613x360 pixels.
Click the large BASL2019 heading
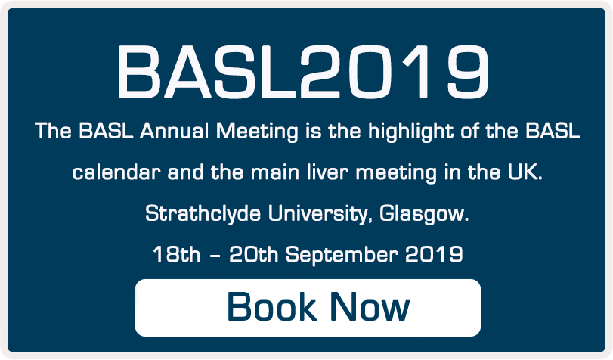tap(302, 70)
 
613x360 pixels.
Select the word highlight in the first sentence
tap(403, 132)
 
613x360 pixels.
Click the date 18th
tap(176, 254)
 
